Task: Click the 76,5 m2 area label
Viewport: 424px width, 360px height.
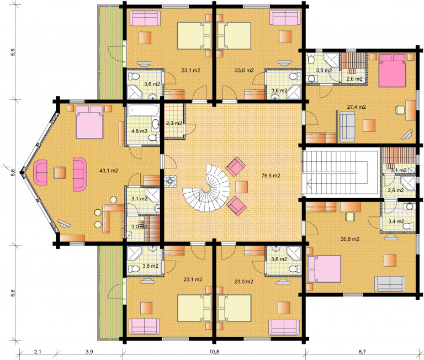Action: tap(271, 176)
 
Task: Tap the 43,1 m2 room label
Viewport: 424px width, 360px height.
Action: tap(109, 171)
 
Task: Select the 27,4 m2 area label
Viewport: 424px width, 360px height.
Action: tap(356, 107)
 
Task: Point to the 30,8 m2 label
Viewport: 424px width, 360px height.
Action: tap(350, 239)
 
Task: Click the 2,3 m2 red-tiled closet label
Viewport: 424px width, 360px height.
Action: tap(174, 123)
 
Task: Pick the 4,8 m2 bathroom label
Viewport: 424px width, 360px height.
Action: tap(139, 131)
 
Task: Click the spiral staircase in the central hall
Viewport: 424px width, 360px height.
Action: tap(206, 188)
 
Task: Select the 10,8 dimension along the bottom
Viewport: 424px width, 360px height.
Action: tap(214, 352)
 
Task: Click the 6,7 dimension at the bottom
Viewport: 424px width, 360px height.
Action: tap(362, 352)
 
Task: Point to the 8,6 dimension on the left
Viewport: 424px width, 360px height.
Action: tap(13, 173)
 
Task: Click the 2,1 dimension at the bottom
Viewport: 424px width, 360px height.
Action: tap(38, 352)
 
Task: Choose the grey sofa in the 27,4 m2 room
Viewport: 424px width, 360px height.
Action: tap(347, 127)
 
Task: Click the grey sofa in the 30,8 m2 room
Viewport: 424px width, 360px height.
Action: tap(390, 284)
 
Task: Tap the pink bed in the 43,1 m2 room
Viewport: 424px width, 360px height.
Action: tap(89, 121)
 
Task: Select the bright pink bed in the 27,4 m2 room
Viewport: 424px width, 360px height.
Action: tap(393, 70)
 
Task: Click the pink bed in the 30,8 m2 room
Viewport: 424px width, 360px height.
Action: tap(324, 269)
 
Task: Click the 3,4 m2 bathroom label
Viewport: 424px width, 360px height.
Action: tap(396, 221)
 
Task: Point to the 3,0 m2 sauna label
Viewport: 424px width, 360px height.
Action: tap(139, 226)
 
